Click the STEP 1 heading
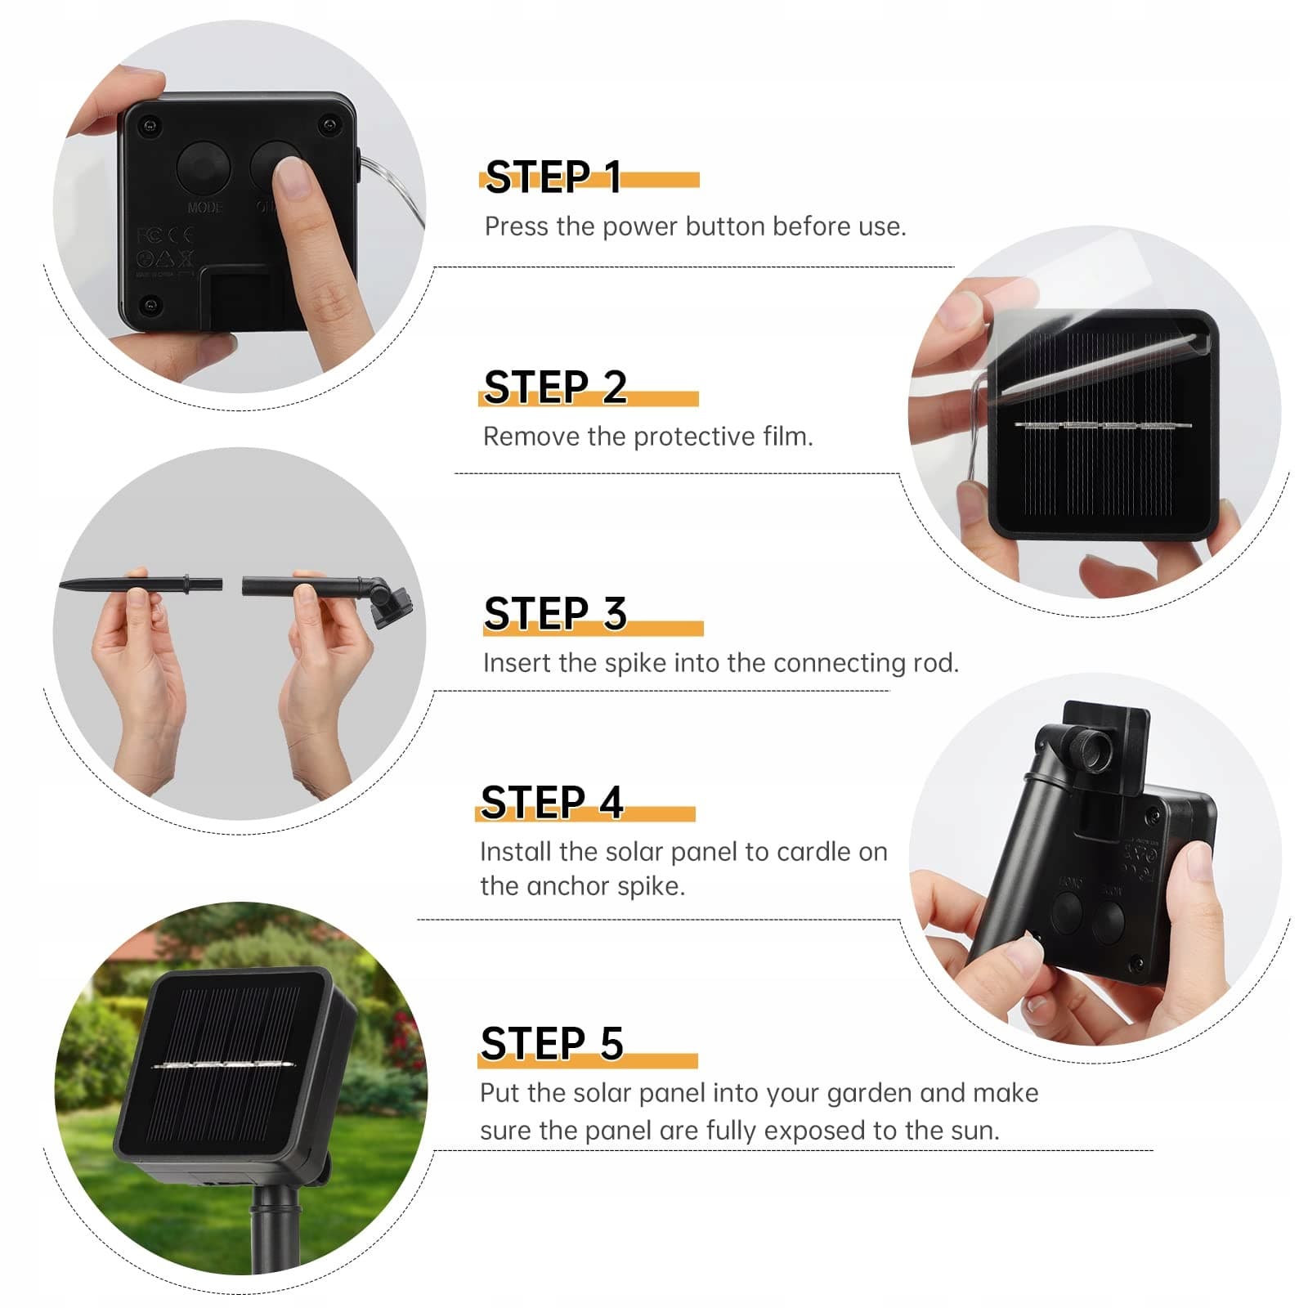553,177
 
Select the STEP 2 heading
555,387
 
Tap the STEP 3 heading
555,614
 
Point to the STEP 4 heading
552,802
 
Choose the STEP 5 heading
552,1044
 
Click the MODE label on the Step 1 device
204,208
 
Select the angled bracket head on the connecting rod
388,600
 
